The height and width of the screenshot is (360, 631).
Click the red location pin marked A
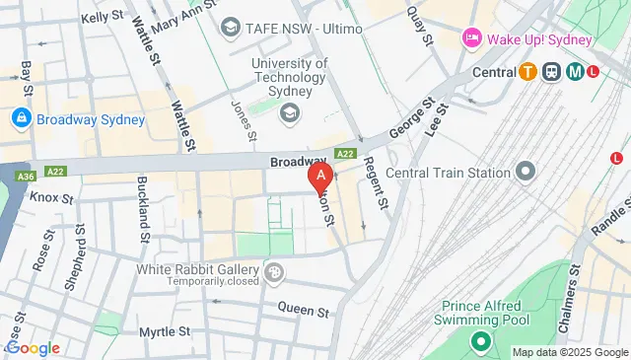319,177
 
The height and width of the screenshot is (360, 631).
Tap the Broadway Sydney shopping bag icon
20,119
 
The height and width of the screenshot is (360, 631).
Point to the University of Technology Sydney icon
290,114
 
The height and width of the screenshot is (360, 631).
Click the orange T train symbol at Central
528,71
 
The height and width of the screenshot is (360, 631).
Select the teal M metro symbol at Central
572,71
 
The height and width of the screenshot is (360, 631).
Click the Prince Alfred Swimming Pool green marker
481,342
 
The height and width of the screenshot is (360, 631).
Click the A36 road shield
23,177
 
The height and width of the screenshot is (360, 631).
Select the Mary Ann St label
182,15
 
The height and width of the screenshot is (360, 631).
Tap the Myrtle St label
163,331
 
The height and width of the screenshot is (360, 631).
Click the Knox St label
51,198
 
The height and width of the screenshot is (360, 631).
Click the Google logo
33,348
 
